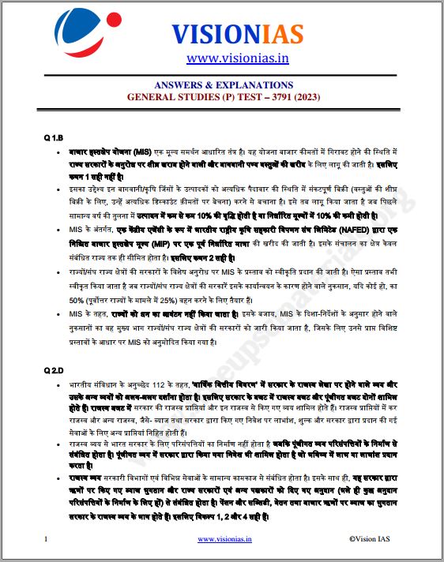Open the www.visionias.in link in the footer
[224, 538]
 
